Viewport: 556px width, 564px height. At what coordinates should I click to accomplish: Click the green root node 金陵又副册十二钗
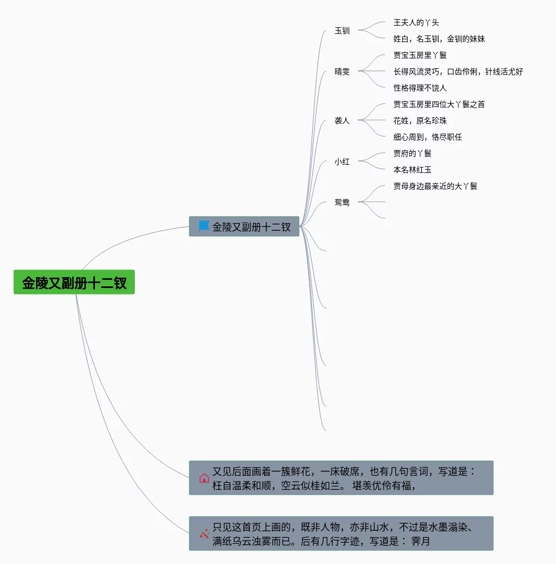(x=74, y=283)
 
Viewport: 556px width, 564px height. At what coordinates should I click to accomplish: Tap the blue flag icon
(x=204, y=226)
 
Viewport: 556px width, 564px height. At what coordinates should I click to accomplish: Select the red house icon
(x=204, y=478)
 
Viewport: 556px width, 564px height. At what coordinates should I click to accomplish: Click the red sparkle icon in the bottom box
(x=204, y=533)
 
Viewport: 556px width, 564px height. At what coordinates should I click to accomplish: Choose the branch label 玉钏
(x=342, y=31)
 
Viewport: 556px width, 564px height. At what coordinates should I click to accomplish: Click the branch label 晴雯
(x=342, y=71)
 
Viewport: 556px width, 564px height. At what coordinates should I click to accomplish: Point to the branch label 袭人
(x=342, y=121)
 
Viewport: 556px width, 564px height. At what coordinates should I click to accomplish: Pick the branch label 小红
(x=342, y=161)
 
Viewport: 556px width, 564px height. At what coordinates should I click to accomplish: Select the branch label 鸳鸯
(x=342, y=202)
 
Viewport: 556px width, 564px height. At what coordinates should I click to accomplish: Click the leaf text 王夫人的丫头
(x=416, y=22)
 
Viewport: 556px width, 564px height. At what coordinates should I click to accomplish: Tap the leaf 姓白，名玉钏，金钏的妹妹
(x=439, y=39)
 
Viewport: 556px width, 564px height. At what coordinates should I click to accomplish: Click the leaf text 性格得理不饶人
(x=420, y=88)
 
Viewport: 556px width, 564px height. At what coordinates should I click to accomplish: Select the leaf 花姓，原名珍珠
(x=420, y=121)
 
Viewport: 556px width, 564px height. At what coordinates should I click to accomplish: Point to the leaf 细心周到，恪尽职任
(x=428, y=137)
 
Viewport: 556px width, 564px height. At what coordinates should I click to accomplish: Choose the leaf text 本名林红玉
(x=412, y=170)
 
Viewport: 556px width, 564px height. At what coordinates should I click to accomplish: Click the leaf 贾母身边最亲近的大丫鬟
(x=435, y=186)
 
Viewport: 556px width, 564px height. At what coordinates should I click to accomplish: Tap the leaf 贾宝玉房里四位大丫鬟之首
(x=439, y=104)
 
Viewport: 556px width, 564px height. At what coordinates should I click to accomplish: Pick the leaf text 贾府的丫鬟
(x=412, y=153)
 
